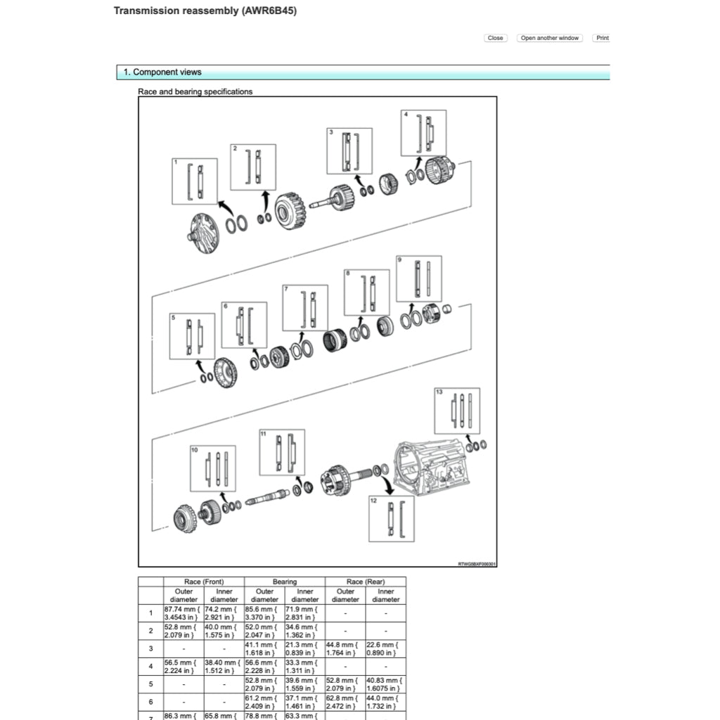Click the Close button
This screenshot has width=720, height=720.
pos(495,38)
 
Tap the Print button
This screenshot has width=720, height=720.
pos(602,38)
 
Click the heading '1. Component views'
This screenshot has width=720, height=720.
pos(162,72)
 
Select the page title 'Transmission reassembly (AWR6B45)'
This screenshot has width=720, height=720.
pos(200,12)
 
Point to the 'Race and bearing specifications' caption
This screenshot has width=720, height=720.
pos(195,91)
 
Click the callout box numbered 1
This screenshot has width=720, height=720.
pos(195,181)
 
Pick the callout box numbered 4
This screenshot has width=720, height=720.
pos(423,133)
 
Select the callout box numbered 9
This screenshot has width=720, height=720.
pos(419,278)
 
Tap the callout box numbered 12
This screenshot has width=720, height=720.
pos(392,519)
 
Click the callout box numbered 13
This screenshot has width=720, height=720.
pos(457,410)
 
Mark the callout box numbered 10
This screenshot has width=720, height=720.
pos(213,469)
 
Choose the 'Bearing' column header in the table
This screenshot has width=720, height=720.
pos(285,581)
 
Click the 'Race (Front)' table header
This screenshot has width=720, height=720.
pos(204,581)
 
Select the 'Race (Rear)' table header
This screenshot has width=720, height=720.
pos(365,581)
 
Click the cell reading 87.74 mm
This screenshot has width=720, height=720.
pos(184,612)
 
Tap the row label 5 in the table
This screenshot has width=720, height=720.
pos(150,684)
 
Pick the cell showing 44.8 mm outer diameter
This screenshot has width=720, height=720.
pos(345,648)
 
